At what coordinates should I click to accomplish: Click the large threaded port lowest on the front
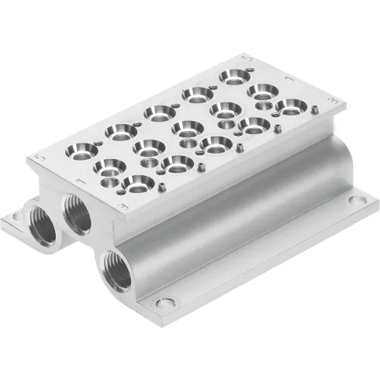coord(116,269)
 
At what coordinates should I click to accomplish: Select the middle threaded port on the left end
coord(78,213)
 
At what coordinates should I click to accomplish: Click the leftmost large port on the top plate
coord(85,150)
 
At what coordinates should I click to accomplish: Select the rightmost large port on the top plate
coord(289,106)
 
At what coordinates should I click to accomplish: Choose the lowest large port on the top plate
coord(138,184)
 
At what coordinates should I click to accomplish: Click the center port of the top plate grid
coord(186,128)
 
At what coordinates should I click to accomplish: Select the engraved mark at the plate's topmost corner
coord(247,58)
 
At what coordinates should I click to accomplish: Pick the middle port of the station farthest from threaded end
coord(263,92)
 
